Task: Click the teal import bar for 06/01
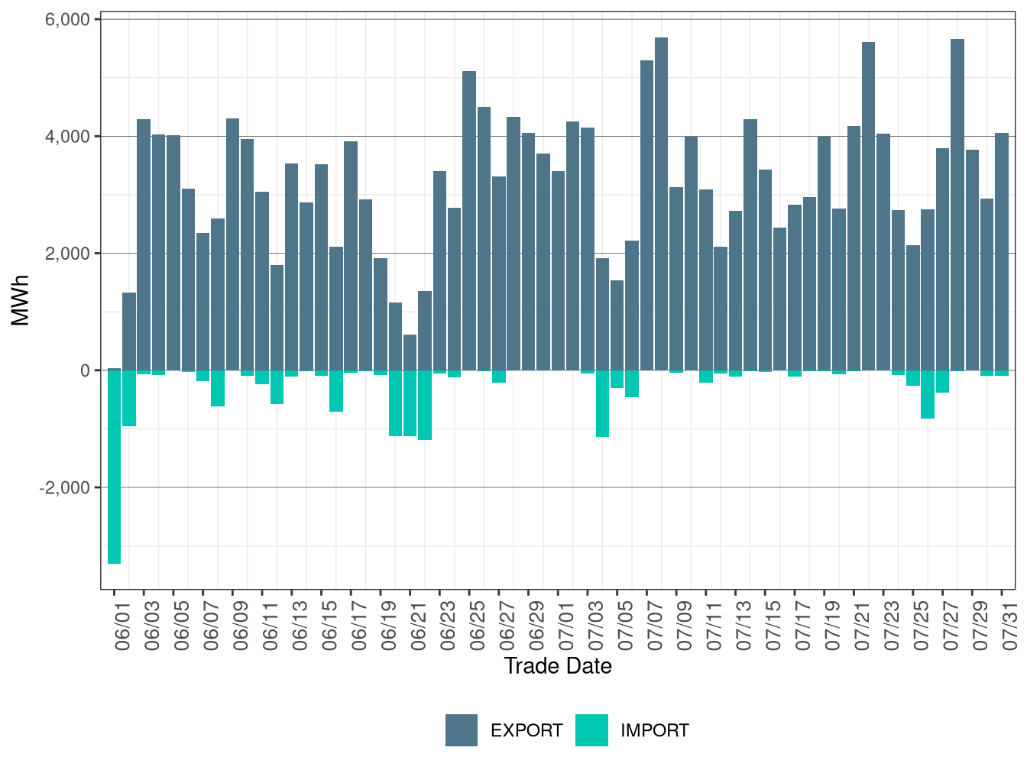(114, 467)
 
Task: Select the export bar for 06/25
(469, 221)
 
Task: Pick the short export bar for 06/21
(410, 352)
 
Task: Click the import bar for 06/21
(410, 403)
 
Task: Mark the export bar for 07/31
(1002, 252)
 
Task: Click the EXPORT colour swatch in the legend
(462, 730)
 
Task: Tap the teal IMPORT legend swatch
(591, 730)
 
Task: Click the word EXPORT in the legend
(526, 731)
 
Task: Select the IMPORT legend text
(655, 731)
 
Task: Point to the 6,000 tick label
(68, 20)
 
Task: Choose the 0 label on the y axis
(85, 371)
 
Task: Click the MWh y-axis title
(21, 300)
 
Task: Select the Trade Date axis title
(558, 666)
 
